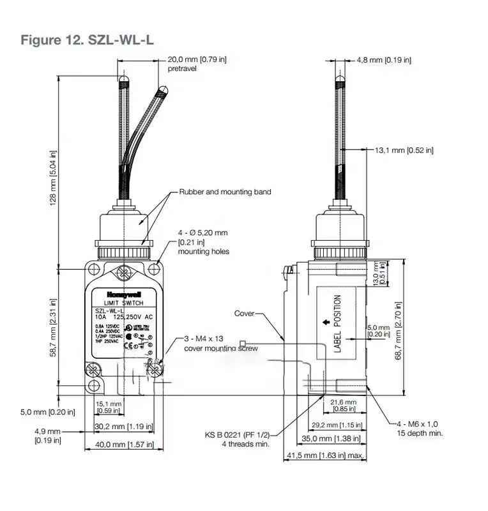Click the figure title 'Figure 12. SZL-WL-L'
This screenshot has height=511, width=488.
click(87, 40)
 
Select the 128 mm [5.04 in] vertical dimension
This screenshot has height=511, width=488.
click(53, 178)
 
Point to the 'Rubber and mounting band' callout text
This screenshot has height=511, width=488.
click(225, 192)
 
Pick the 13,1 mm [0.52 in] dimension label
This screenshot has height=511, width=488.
click(404, 150)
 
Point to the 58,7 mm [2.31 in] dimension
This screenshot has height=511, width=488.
click(53, 327)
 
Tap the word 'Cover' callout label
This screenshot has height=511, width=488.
click(244, 314)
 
